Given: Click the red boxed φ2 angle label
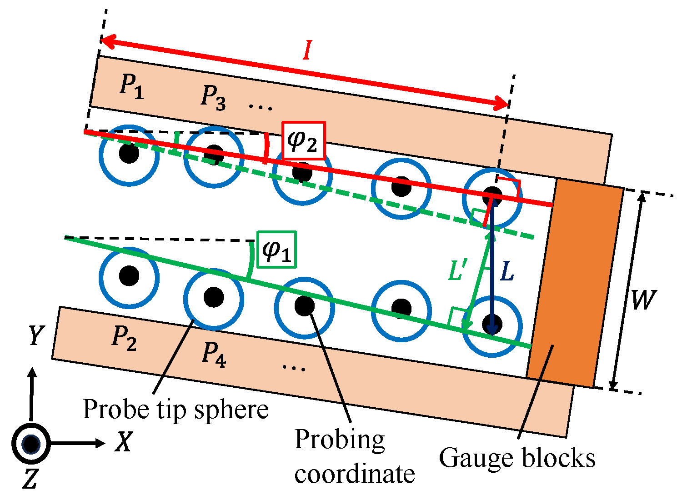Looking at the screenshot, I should tap(303, 140).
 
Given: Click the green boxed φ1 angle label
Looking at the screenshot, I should tap(277, 249).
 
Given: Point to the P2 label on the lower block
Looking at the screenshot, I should tap(124, 339).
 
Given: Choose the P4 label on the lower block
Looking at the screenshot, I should tap(214, 355).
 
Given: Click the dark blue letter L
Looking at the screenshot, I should tap(506, 272).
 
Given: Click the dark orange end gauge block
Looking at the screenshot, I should tap(575, 284).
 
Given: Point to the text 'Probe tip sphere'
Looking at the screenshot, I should tap(176, 410).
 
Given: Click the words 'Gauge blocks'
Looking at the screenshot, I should tap(517, 457).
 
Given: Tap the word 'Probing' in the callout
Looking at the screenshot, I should tap(339, 440).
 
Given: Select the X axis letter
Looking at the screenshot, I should tap(123, 442).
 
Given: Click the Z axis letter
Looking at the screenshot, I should tap(30, 479).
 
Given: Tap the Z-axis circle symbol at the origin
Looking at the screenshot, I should tap(30, 444).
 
